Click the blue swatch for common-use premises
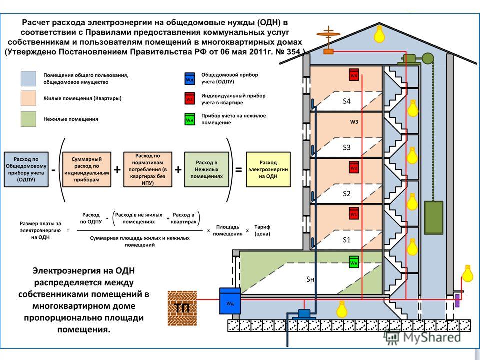pyautogui.click(x=29, y=78)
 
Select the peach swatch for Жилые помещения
pyautogui.click(x=29, y=99)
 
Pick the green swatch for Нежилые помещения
pyautogui.click(x=29, y=119)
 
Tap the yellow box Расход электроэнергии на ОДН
pyautogui.click(x=268, y=169)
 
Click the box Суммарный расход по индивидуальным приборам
pyautogui.click(x=87, y=169)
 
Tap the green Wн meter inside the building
pyautogui.click(x=354, y=262)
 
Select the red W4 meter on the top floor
pyautogui.click(x=354, y=75)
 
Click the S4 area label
pyautogui.click(x=347, y=101)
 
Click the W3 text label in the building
pyautogui.click(x=354, y=121)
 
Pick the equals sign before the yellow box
pyautogui.click(x=238, y=169)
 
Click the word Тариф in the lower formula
pyautogui.click(x=262, y=227)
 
